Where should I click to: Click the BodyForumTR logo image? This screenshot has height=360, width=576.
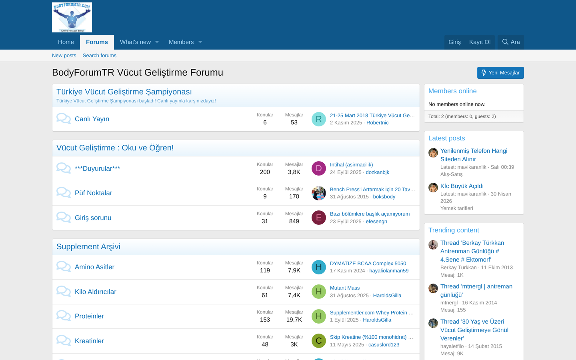(x=72, y=18)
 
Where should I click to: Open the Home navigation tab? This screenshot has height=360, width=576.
(x=66, y=42)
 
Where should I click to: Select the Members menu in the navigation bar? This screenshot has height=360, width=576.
(x=181, y=42)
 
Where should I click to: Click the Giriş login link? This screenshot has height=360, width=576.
(x=455, y=42)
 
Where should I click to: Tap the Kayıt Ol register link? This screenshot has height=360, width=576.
(x=480, y=42)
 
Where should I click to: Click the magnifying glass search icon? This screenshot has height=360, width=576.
(x=505, y=42)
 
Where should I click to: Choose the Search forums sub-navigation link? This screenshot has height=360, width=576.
(x=100, y=56)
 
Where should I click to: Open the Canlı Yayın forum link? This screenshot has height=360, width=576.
(x=92, y=119)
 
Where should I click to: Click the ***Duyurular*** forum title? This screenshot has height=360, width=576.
(x=98, y=168)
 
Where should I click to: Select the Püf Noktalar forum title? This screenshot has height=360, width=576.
(x=93, y=193)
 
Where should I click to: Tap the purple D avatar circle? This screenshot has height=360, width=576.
(x=318, y=168)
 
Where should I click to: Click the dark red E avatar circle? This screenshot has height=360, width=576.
(x=318, y=218)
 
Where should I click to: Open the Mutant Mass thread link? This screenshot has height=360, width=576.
(x=345, y=288)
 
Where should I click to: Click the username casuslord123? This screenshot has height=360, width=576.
(x=384, y=344)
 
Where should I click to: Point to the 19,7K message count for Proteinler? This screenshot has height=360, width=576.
(x=294, y=320)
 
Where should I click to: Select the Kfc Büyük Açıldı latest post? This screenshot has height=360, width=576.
(x=462, y=186)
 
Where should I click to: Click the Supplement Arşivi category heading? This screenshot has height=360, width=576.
(x=88, y=246)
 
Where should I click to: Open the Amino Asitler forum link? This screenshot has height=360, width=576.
(x=95, y=267)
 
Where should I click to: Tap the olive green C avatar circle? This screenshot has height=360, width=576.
(x=318, y=341)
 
